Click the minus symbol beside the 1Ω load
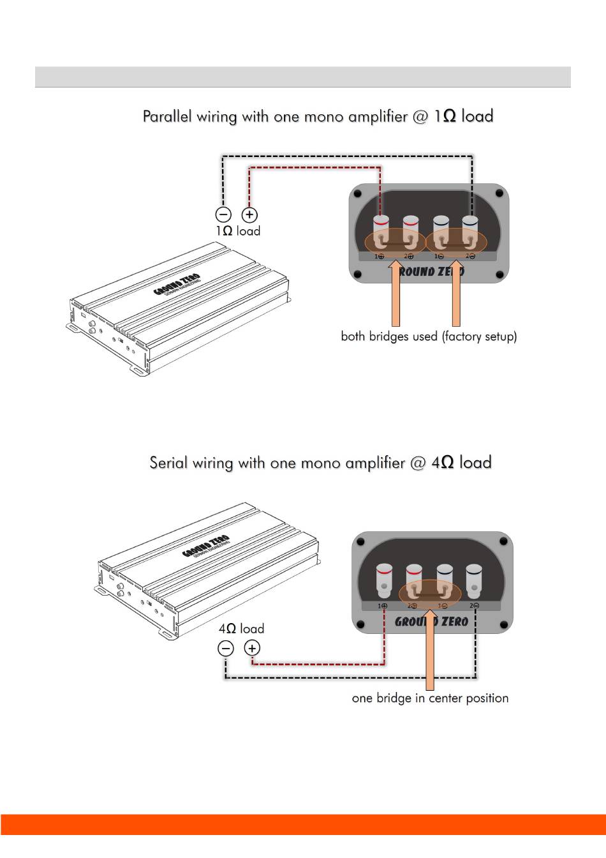point(223,214)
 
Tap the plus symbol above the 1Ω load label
point(249,214)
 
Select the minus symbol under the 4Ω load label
point(226,649)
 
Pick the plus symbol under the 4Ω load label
point(253,649)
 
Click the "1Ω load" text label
point(238,230)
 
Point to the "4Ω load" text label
point(241,628)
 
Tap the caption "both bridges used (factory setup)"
point(429,336)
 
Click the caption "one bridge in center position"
point(430,698)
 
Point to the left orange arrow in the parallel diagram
point(395,294)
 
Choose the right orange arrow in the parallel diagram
point(455,294)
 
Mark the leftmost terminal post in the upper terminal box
point(381,230)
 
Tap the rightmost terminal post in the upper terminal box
point(470,230)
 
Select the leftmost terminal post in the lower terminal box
point(384,578)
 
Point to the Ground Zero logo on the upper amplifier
point(177,284)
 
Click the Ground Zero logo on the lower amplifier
point(205,546)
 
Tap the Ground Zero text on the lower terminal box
point(432,621)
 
